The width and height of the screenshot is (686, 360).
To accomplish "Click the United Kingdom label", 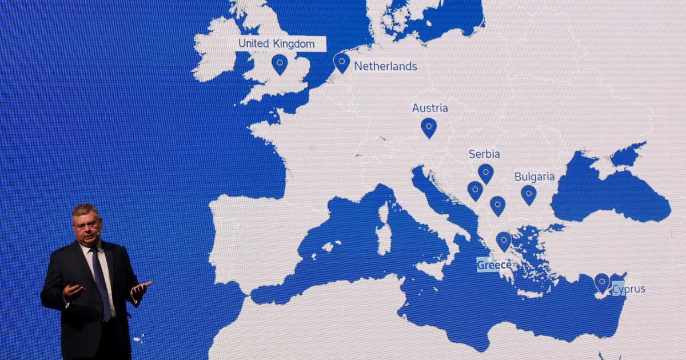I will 277,43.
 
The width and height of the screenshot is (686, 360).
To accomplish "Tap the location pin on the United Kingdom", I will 280,63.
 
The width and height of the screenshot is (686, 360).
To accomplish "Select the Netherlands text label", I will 385,66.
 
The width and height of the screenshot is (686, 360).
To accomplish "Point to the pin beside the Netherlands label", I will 342,62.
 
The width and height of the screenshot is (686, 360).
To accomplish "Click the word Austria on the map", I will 430,108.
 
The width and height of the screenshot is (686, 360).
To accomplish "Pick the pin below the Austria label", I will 429,127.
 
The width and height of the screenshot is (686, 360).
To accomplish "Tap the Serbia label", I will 484,154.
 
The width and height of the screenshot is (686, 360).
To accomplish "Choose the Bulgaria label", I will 535,177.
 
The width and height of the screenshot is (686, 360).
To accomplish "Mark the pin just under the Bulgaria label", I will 529,194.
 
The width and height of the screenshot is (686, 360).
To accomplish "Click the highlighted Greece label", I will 494,265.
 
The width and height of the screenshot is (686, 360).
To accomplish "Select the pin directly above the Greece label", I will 504,241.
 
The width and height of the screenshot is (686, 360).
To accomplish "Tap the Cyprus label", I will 629,289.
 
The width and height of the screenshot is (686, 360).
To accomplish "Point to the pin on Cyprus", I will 602,282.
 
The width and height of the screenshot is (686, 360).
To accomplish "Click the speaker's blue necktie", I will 102,286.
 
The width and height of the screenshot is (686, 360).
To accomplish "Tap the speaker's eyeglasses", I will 87,224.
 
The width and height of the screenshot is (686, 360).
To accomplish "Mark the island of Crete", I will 532,294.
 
